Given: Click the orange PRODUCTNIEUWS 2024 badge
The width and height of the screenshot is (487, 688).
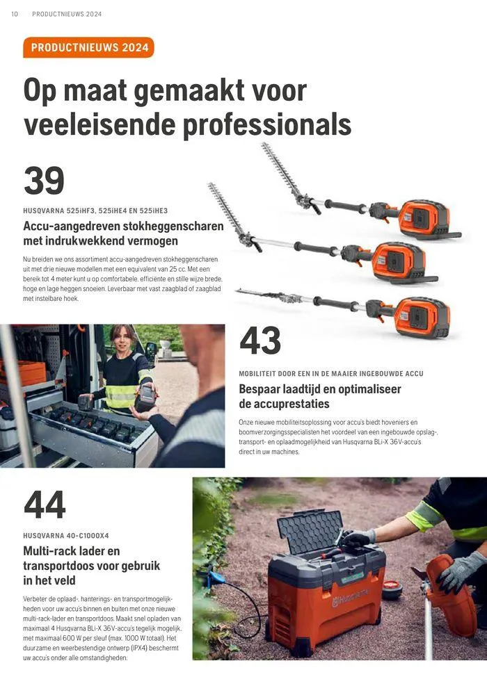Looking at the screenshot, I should pos(89,47).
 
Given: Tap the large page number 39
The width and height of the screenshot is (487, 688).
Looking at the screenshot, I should pos(44,181).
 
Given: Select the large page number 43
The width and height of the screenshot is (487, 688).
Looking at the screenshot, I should pos(260,341).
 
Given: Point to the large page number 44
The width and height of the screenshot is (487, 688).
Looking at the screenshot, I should pos(45,505).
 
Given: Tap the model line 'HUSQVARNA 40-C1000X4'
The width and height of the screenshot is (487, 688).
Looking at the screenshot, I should pos(66,536).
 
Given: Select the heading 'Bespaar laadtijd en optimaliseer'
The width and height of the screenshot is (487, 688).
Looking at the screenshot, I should pos(320,389).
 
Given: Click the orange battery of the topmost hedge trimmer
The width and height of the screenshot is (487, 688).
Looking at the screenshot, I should pos(424,218).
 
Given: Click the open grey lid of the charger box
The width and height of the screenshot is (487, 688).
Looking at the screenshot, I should pos(310,530).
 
